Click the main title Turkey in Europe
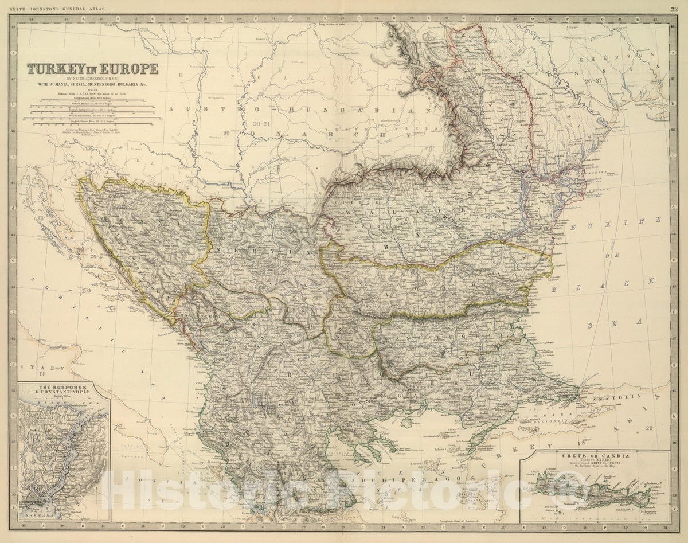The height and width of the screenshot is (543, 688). [93, 69]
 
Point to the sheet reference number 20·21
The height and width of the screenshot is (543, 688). [261, 122]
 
